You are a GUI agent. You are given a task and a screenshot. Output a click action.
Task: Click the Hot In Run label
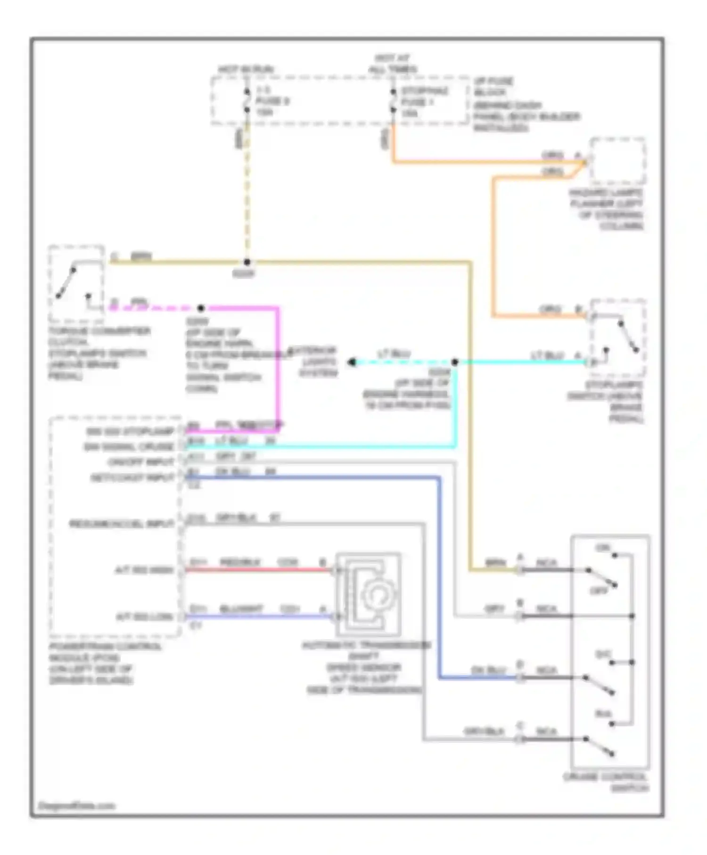246,69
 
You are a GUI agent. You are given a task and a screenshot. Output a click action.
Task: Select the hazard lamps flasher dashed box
617,161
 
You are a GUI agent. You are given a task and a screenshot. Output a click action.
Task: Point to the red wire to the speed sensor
259,570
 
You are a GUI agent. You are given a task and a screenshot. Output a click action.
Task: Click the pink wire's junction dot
201,308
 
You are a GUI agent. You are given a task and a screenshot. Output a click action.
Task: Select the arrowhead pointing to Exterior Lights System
352,362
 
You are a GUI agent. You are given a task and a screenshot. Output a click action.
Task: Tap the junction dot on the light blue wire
455,362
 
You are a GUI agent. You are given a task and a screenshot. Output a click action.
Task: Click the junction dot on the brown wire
247,262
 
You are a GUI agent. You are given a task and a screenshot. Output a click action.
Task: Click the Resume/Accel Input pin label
122,524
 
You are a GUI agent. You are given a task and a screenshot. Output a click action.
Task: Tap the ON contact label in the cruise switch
602,548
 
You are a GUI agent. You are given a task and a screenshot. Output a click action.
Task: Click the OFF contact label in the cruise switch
599,591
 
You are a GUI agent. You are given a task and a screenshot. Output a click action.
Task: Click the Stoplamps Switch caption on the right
605,402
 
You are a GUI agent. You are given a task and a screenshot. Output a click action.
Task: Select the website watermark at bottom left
76,806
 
